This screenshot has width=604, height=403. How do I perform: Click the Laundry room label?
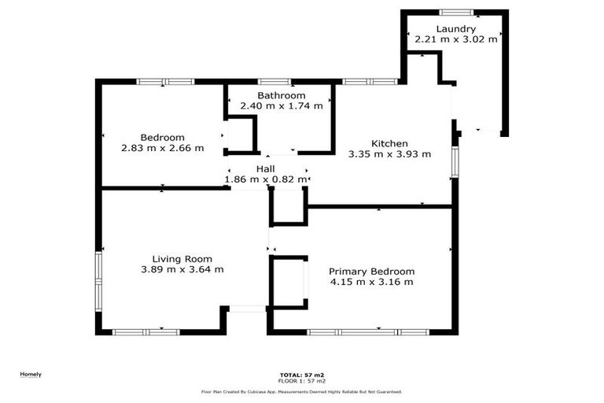(456, 28)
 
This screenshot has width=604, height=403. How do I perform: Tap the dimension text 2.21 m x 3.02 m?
(456, 39)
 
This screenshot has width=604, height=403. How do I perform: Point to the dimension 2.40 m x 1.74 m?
(281, 105)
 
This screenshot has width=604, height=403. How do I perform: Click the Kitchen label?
(389, 143)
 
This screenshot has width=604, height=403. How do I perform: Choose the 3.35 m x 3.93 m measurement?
(390, 154)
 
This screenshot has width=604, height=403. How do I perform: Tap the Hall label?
(265, 169)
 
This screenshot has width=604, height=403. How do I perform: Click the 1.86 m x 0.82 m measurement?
(265, 179)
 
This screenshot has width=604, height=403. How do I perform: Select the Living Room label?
(182, 258)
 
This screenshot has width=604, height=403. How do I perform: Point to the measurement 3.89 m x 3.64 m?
(182, 269)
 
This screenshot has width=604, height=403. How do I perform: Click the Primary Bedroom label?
(372, 271)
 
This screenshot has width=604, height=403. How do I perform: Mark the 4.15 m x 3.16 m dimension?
(372, 282)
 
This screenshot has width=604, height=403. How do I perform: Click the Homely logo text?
(31, 375)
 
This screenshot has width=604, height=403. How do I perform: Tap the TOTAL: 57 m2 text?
(302, 375)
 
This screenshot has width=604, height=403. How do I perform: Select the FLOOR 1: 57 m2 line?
(302, 381)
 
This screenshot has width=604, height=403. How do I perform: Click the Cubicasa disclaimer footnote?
(302, 391)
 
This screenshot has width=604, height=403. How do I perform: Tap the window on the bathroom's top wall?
(274, 81)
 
